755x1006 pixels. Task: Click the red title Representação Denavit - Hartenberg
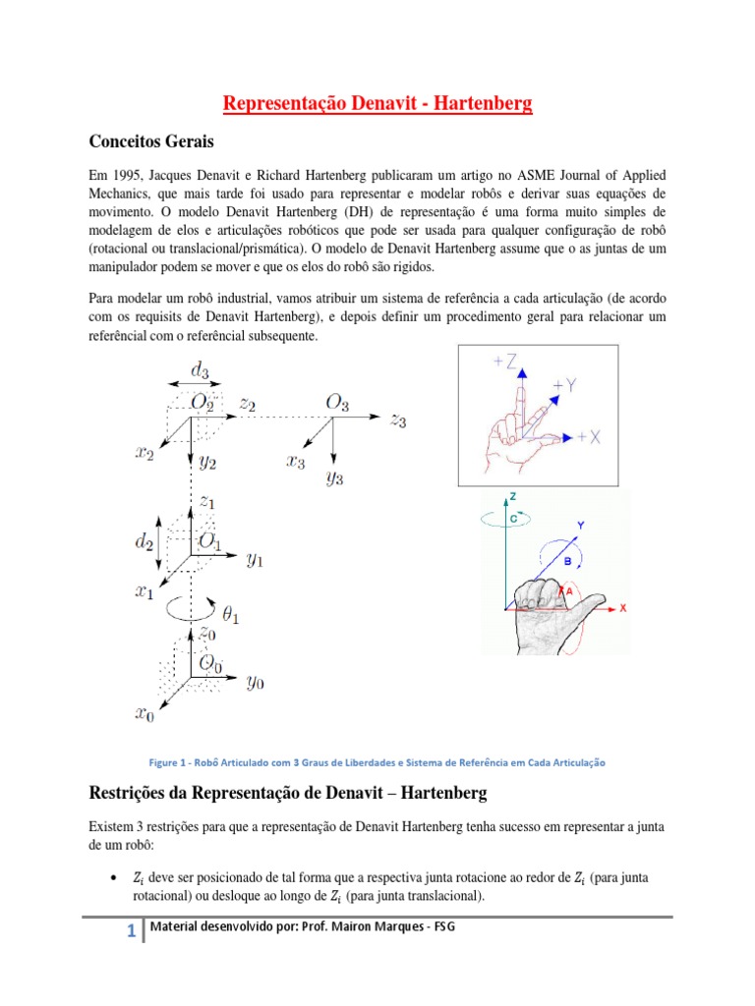(378, 103)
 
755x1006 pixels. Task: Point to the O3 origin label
(337, 402)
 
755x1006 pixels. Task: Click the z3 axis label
(397, 420)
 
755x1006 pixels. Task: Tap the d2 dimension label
(145, 541)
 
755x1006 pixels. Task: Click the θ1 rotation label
(231, 616)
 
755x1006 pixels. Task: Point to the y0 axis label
(255, 682)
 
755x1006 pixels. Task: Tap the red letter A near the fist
(570, 591)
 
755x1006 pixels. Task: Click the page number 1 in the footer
(131, 932)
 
